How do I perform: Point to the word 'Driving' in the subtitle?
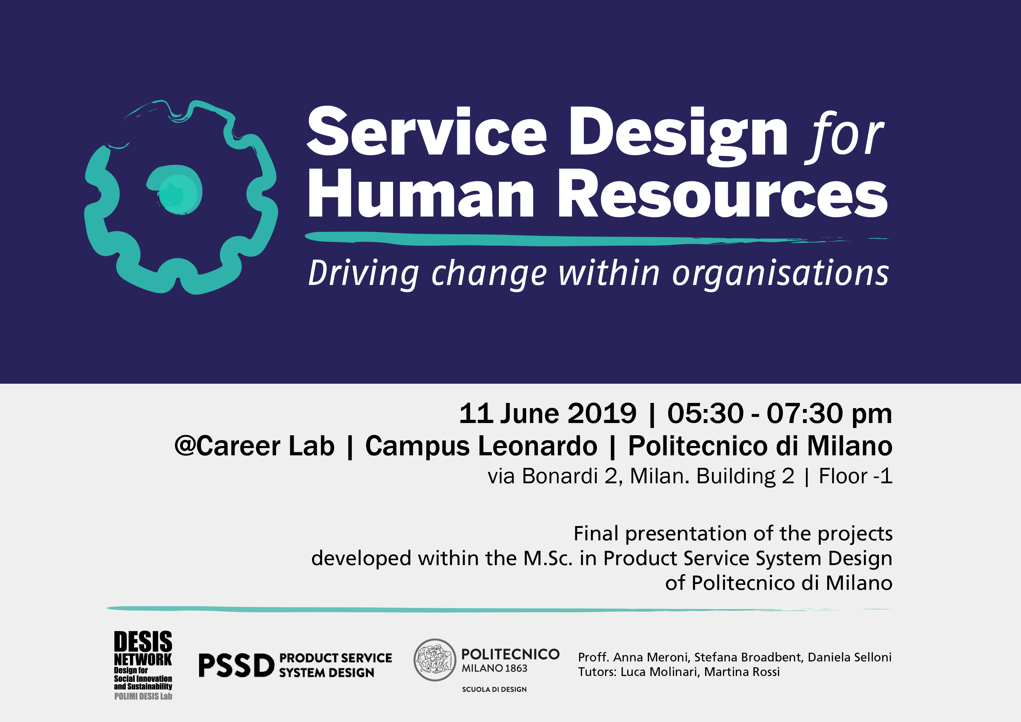click(363, 274)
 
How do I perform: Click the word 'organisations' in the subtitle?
click(780, 274)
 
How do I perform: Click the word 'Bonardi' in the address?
click(560, 476)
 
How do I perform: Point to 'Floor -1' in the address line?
click(855, 476)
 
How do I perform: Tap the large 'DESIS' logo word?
click(143, 642)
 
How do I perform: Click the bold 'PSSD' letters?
click(236, 666)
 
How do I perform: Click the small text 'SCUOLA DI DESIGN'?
click(494, 689)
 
